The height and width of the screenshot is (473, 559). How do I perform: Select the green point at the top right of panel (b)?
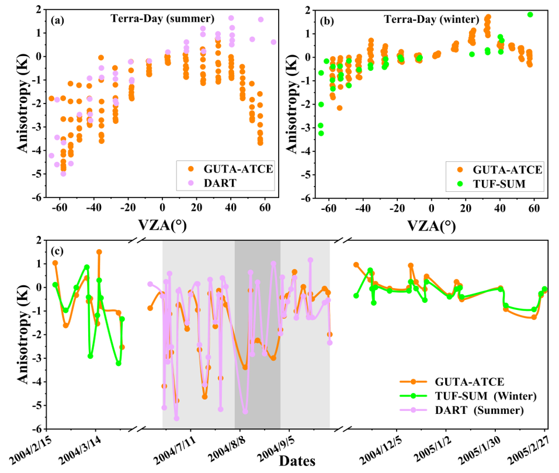[530, 15]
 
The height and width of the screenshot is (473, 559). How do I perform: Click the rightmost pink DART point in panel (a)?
[273, 42]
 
